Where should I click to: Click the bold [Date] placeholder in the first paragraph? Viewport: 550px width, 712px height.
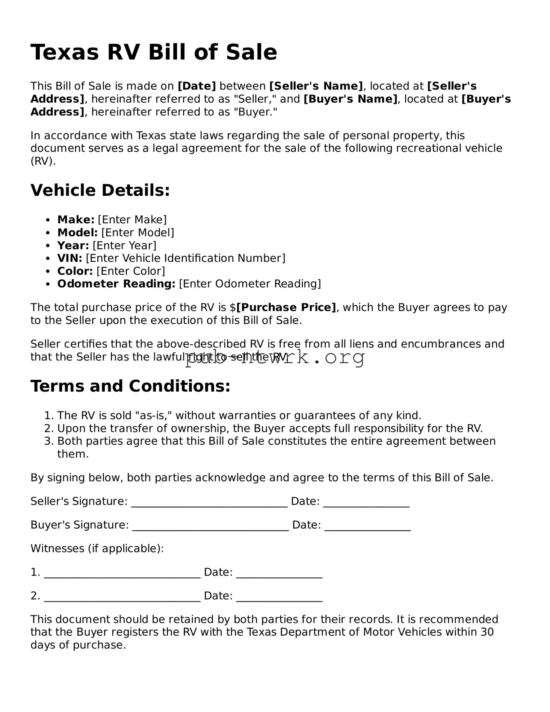[x=196, y=86]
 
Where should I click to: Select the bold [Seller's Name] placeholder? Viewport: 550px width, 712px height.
[x=316, y=86]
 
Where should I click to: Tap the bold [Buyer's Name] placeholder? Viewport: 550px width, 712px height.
[x=350, y=99]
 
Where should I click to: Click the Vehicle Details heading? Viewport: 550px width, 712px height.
[x=100, y=190]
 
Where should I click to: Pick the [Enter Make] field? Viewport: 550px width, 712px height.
[x=132, y=220]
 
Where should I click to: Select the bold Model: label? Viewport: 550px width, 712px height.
[x=77, y=233]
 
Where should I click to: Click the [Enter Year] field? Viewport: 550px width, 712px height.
[x=124, y=245]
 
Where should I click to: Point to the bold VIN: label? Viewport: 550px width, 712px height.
[x=70, y=258]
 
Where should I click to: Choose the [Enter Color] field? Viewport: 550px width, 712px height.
[x=131, y=271]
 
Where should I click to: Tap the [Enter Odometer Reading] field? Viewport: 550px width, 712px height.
[x=250, y=284]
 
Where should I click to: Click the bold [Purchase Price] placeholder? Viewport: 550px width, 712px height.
[x=286, y=308]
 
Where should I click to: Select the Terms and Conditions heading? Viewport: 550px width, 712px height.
[x=130, y=386]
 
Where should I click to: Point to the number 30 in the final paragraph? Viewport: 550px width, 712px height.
[x=487, y=632]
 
